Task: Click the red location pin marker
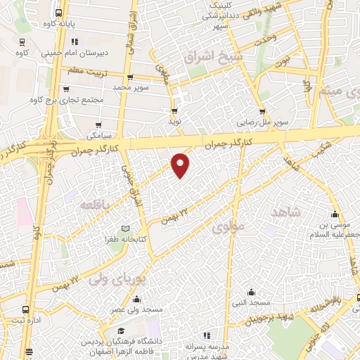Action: coord(181,165)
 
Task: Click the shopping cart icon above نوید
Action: coord(174,111)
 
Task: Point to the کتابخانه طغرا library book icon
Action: coord(125,229)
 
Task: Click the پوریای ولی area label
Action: coord(116,278)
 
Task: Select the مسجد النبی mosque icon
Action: coord(252,292)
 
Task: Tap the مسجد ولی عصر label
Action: coord(137,309)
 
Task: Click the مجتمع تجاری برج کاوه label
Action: coord(63,100)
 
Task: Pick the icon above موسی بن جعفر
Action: coord(334,215)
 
